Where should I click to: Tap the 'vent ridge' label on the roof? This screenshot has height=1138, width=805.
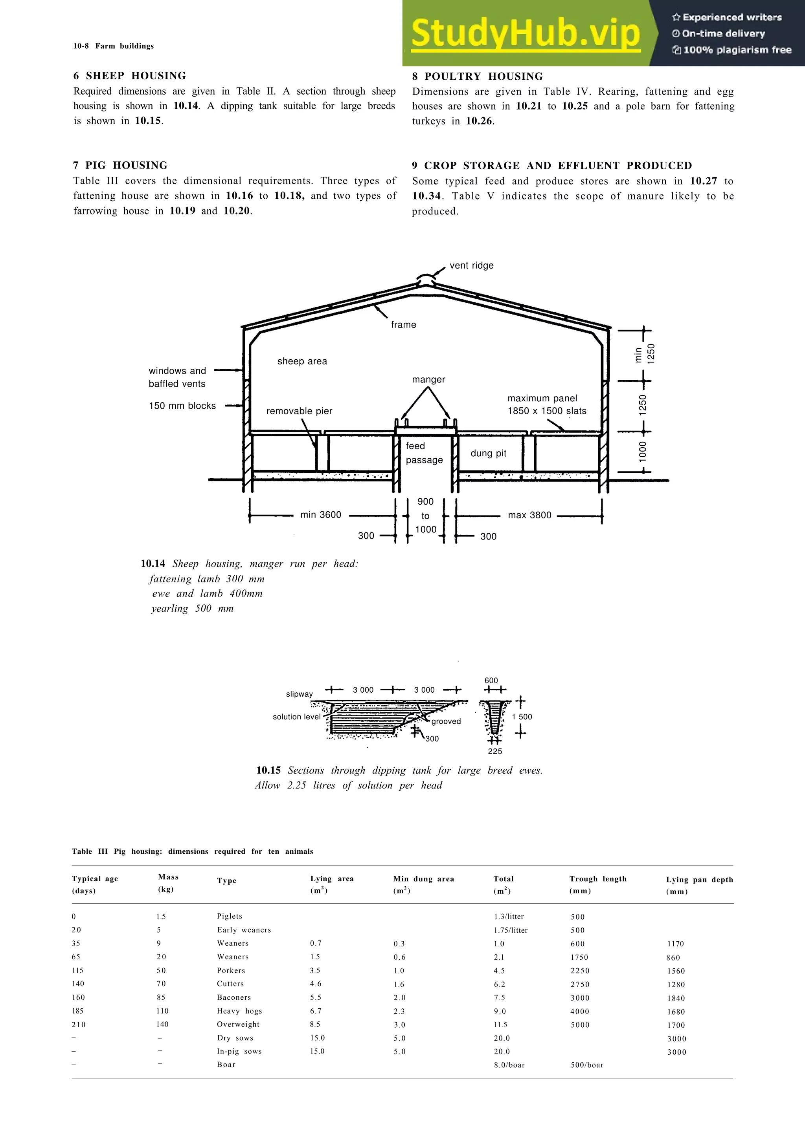471,266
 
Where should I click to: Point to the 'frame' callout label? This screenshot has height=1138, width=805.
403,325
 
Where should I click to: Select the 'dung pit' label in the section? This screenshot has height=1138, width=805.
488,454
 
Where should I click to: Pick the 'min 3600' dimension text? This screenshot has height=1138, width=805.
320,515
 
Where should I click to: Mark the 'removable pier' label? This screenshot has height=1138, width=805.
299,411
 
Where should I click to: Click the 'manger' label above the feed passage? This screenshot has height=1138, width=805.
428,380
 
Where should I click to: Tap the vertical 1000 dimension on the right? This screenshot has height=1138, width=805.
643,452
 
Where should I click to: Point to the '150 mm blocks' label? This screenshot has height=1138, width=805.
182,406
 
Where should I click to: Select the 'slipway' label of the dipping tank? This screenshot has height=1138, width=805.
299,694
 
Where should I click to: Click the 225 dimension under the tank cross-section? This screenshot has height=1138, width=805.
494,751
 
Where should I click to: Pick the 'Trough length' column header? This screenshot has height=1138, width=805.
598,879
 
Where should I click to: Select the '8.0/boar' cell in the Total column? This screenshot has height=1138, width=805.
509,1065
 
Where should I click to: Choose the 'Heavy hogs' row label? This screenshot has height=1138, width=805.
239,1011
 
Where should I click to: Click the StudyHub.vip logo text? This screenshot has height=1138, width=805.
525,34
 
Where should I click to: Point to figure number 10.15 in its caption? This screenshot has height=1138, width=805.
268,770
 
